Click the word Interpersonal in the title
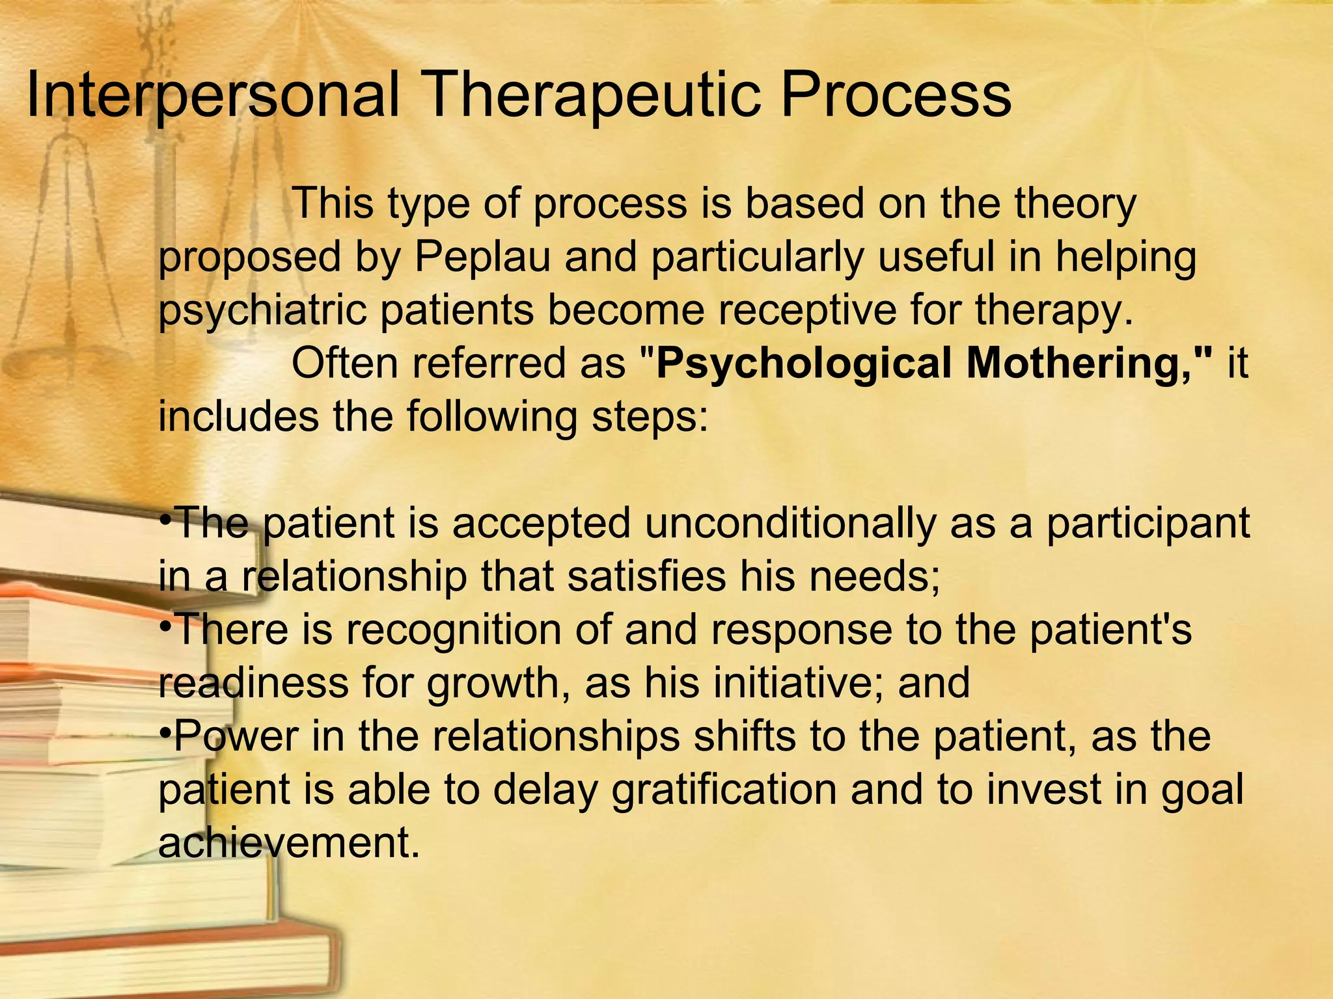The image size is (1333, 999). coord(213,96)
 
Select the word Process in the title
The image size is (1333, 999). coord(896,96)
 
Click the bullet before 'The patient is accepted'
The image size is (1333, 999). coord(165,520)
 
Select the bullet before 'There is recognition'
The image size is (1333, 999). coord(165,626)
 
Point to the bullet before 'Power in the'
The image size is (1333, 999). coord(165,734)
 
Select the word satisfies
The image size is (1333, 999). coord(646,576)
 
